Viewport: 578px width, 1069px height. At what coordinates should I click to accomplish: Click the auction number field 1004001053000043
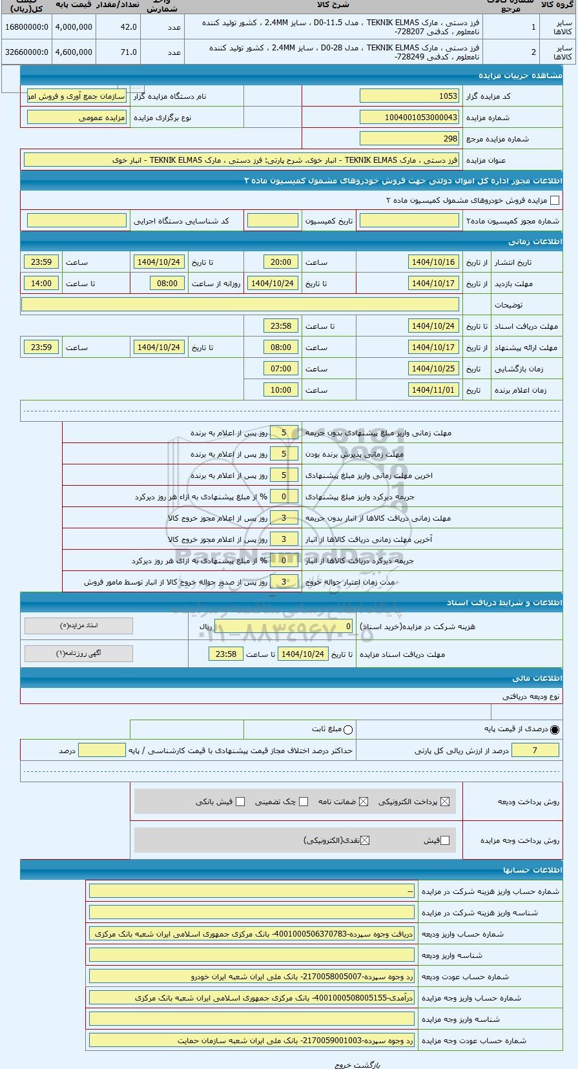coord(409,118)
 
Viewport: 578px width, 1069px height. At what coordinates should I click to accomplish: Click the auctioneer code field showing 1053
coord(409,96)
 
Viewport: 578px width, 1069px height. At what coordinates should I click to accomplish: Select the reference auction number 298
coord(409,139)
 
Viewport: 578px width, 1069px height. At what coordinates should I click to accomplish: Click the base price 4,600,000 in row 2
coord(74,52)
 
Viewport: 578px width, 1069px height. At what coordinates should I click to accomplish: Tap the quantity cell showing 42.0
coord(119,27)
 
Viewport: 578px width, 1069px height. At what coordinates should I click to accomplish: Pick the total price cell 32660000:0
coord(26,52)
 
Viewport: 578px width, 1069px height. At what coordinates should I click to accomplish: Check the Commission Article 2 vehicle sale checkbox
coord(554,201)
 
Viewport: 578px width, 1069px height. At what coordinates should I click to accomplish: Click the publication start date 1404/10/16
coord(433,262)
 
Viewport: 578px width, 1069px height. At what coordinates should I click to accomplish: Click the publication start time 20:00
coord(281,262)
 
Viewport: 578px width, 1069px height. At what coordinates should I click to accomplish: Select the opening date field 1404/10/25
coord(433,369)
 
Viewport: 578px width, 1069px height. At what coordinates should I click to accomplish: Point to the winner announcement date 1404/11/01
coord(433,390)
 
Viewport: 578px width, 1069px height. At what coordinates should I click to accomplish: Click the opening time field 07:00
coord(281,369)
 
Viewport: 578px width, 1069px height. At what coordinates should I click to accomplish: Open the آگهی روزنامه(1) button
coord(79,654)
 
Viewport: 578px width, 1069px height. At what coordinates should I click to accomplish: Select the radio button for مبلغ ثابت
coord(349,730)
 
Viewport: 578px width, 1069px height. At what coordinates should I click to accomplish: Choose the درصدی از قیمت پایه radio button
coord(555,730)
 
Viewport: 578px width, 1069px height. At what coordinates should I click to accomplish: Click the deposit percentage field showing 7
coord(535,751)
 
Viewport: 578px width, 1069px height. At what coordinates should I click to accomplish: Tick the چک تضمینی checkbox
coord(304,802)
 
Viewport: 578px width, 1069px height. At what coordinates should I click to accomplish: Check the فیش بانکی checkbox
coord(240,802)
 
